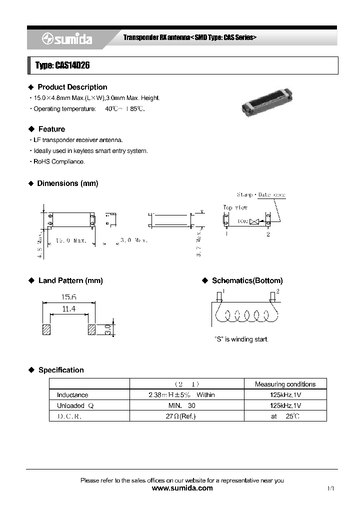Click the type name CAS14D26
tap(62, 65)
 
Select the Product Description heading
tap(72, 87)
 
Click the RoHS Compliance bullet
tap(59, 161)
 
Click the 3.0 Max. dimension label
tap(133, 240)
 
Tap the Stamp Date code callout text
tap(261, 194)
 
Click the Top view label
tap(235, 207)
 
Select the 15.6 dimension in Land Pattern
tap(68, 297)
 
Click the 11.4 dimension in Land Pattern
tap(68, 309)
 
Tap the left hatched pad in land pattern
tap(46, 330)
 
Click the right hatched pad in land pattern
tap(91, 330)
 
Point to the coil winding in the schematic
tap(245, 316)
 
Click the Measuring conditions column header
tap(285, 384)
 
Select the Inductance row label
tap(72, 395)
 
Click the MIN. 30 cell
tap(186, 405)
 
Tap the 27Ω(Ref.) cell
tap(186, 416)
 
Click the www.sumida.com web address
tap(182, 488)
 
